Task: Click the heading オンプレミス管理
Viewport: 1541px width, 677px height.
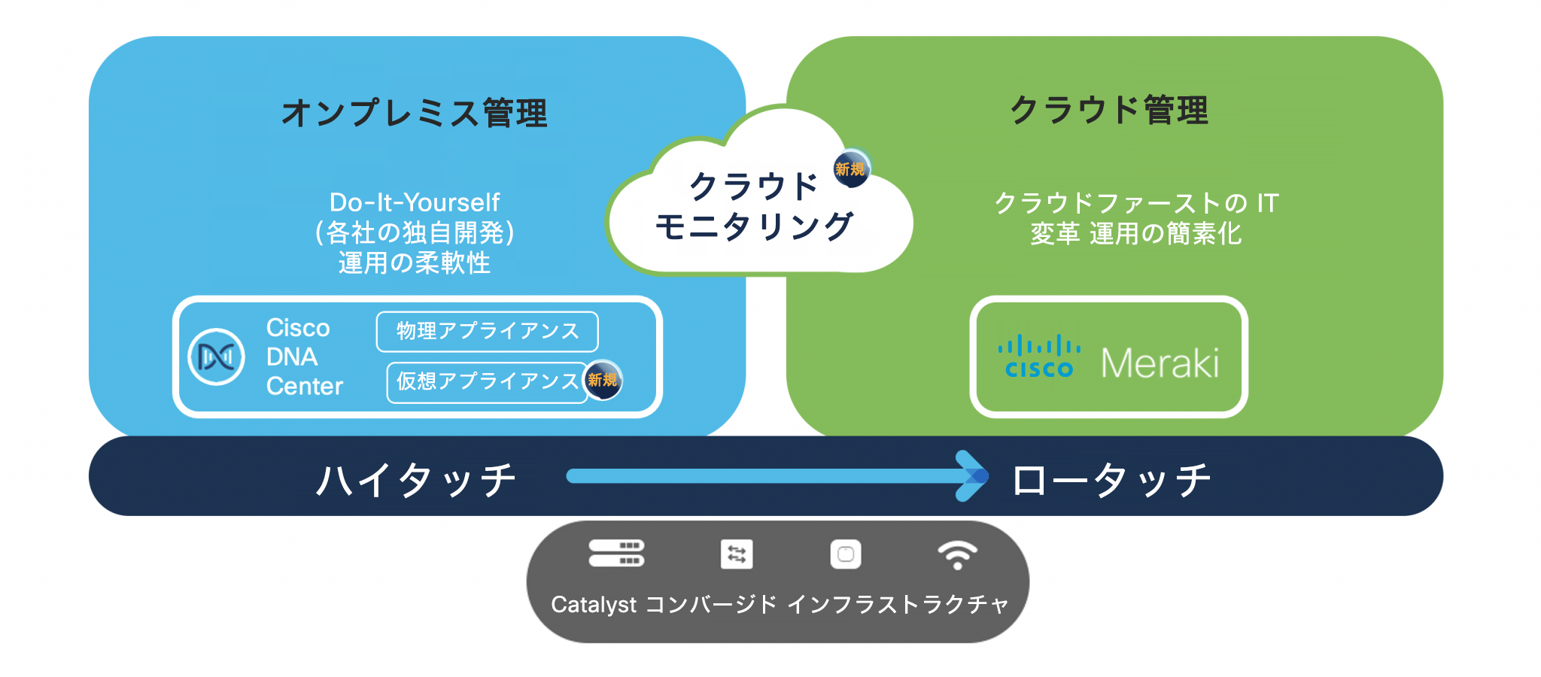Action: [x=415, y=114]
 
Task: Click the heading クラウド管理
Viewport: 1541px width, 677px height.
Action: [x=1109, y=111]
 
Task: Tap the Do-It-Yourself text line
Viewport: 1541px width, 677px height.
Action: [x=415, y=202]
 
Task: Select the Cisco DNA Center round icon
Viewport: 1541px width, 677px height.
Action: [x=216, y=357]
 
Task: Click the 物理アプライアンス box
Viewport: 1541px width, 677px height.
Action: [x=487, y=332]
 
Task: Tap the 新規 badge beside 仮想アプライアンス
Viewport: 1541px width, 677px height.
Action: [x=603, y=380]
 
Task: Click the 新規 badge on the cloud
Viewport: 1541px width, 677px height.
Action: [x=850, y=168]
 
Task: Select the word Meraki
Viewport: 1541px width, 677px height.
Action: [x=1160, y=364]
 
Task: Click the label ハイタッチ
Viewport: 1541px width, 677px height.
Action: [x=415, y=480]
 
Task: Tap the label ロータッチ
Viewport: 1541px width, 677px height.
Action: [x=1111, y=480]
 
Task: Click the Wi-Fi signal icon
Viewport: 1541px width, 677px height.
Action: [x=957, y=555]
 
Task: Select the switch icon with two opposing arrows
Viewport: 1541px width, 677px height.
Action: [x=737, y=554]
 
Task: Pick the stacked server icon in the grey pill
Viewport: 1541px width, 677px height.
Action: [x=616, y=553]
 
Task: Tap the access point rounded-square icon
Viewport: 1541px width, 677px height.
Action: [x=846, y=554]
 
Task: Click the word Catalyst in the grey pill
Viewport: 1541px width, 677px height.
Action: [x=594, y=605]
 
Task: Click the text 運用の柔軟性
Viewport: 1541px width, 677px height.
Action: [x=415, y=263]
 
